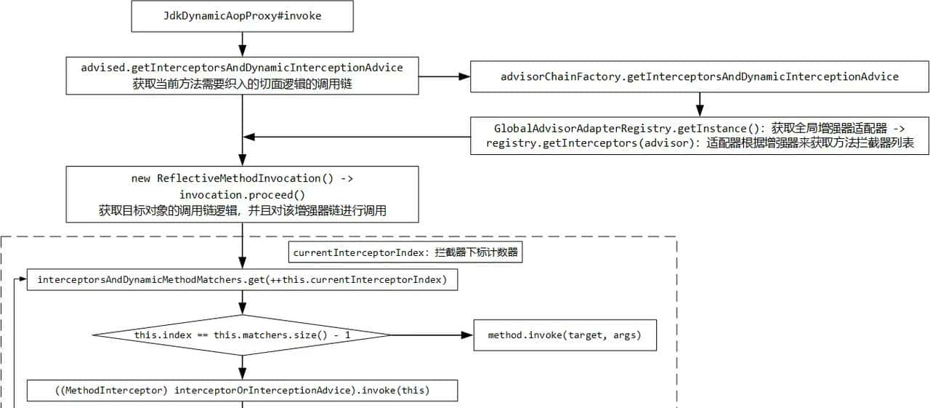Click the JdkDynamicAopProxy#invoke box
pyautogui.click(x=242, y=16)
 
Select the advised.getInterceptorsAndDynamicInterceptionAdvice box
pyautogui.click(x=242, y=76)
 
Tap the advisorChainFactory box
pyautogui.click(x=699, y=76)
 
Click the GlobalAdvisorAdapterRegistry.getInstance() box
pyautogui.click(x=699, y=135)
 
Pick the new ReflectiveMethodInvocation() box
pyautogui.click(x=242, y=194)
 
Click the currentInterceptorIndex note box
pyautogui.click(x=405, y=252)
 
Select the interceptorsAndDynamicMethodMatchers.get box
pyautogui.click(x=242, y=280)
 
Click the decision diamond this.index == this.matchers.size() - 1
pyautogui.click(x=242, y=335)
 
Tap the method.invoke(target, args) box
pyautogui.click(x=565, y=335)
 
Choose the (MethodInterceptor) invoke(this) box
pyautogui.click(x=242, y=391)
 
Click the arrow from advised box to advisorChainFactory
pyautogui.click(x=444, y=76)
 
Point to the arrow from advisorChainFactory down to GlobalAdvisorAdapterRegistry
pyautogui.click(x=699, y=104)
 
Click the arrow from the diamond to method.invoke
pyautogui.click(x=432, y=335)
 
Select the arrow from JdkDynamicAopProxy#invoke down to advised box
pyautogui.click(x=242, y=44)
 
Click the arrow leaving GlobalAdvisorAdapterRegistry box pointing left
pyautogui.click(x=356, y=136)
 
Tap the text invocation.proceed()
pyautogui.click(x=242, y=194)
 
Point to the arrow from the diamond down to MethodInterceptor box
pyautogui.click(x=242, y=367)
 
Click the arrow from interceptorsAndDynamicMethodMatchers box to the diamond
pyautogui.click(x=242, y=303)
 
